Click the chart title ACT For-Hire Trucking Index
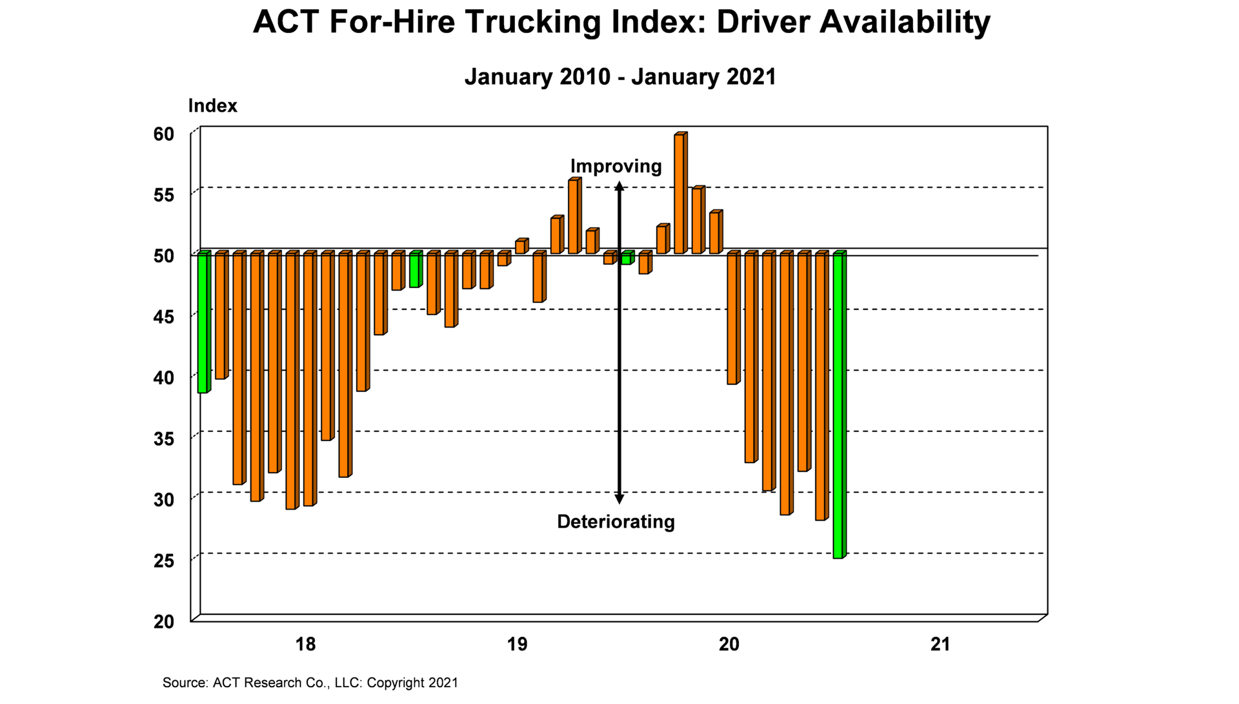click(x=621, y=23)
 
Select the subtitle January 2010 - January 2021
click(x=619, y=77)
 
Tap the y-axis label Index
click(x=212, y=106)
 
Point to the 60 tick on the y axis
click(x=164, y=134)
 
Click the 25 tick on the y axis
click(x=164, y=561)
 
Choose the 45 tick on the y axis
click(x=164, y=317)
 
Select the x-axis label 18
click(x=305, y=645)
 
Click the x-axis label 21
click(x=940, y=645)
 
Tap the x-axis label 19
click(x=517, y=645)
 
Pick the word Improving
click(x=616, y=167)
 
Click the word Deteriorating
click(x=616, y=522)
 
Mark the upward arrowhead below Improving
click(x=619, y=187)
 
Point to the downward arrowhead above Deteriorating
click(x=619, y=499)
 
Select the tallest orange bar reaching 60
click(x=680, y=194)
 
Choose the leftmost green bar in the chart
click(x=203, y=323)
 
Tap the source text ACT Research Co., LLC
click(x=310, y=683)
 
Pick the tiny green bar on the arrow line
click(x=627, y=258)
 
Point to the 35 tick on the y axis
click(x=164, y=439)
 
